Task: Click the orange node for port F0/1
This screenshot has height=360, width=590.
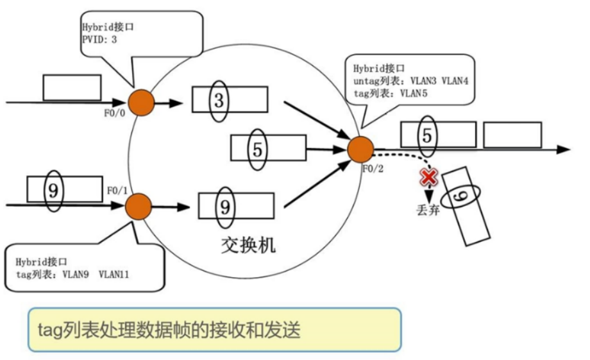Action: [139, 206]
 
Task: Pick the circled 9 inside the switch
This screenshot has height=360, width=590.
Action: [224, 205]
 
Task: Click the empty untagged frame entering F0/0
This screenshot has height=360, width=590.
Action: [72, 88]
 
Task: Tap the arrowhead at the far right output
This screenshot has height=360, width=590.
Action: [564, 150]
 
